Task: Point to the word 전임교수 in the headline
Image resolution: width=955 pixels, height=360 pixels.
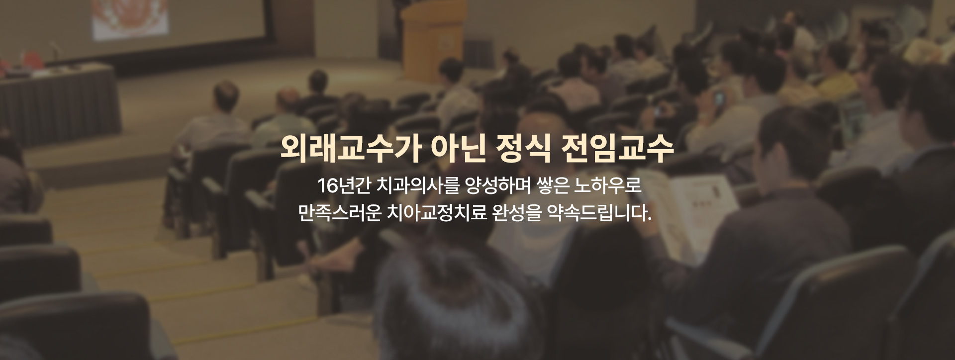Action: pos(617,148)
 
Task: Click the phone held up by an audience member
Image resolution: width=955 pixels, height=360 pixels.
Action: pos(718,98)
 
